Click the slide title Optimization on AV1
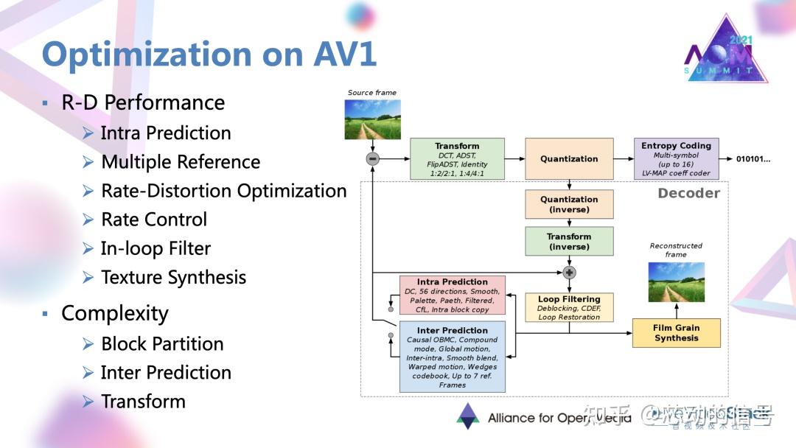point(209,54)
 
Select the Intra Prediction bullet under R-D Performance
point(165,133)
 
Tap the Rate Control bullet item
point(153,220)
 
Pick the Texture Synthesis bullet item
point(173,278)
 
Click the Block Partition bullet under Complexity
point(161,344)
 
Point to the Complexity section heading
point(114,313)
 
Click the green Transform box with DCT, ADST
point(457,159)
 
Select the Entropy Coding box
point(676,159)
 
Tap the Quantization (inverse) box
point(569,204)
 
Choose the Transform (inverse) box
point(569,242)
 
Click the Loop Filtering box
point(569,308)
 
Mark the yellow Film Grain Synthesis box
point(676,333)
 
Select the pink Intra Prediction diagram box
point(452,295)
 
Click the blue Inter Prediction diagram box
point(452,357)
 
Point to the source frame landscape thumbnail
point(373,119)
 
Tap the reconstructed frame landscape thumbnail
point(676,282)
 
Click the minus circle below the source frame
point(373,158)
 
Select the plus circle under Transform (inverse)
point(569,273)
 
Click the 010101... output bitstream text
point(753,159)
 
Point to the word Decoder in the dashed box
point(688,193)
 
